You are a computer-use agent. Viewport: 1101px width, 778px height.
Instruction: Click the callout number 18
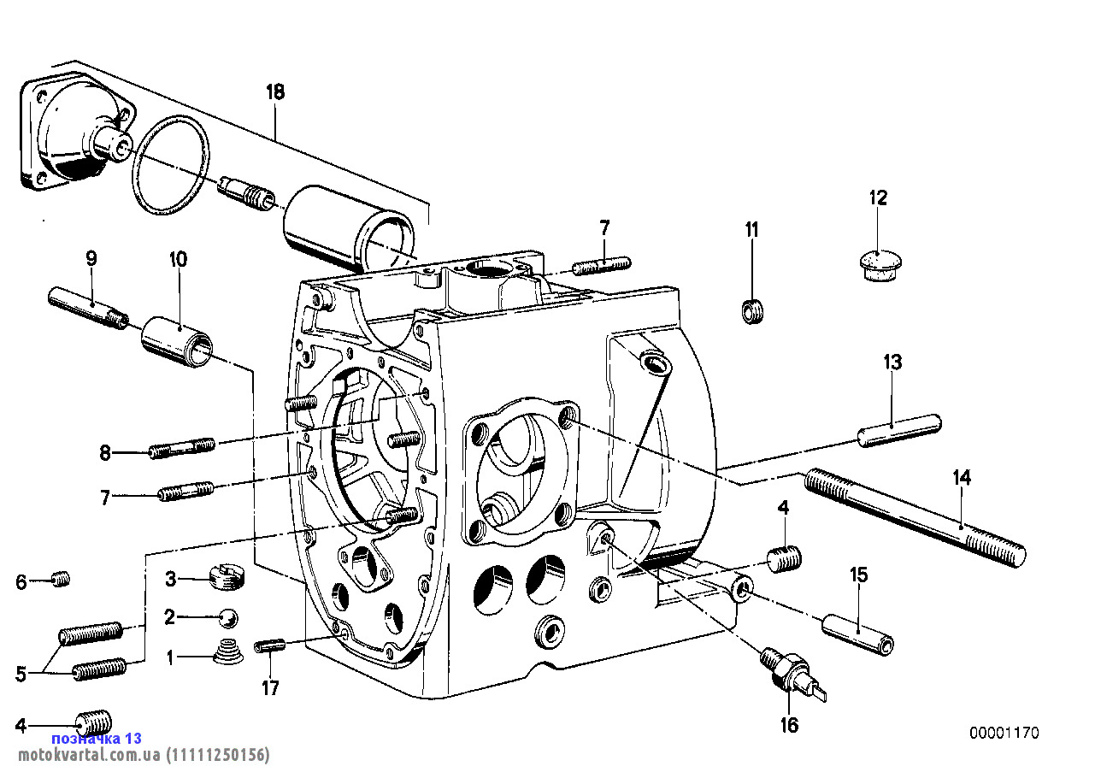pos(275,91)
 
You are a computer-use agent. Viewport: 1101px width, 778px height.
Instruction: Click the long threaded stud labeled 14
pos(916,518)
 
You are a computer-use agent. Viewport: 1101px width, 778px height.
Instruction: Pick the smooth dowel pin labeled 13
pos(899,431)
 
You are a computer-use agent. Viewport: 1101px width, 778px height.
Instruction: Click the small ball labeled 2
pos(228,618)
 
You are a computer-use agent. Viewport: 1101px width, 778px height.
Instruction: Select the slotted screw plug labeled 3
pos(227,576)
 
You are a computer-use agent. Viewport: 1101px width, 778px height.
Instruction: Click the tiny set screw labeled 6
pos(61,579)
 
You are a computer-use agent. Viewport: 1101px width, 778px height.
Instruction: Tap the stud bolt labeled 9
pos(89,308)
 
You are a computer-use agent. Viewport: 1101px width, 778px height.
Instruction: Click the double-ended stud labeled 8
pos(181,448)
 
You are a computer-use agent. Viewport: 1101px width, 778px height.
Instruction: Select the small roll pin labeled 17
pos(270,645)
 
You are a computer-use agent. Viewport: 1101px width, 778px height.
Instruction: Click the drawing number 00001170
pos(1004,733)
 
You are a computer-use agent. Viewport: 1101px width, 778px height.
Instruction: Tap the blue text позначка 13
pos(97,738)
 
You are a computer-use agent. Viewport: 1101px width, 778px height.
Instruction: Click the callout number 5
pos(21,674)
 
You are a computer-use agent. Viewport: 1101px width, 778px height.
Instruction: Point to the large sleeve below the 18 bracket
pos(350,229)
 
